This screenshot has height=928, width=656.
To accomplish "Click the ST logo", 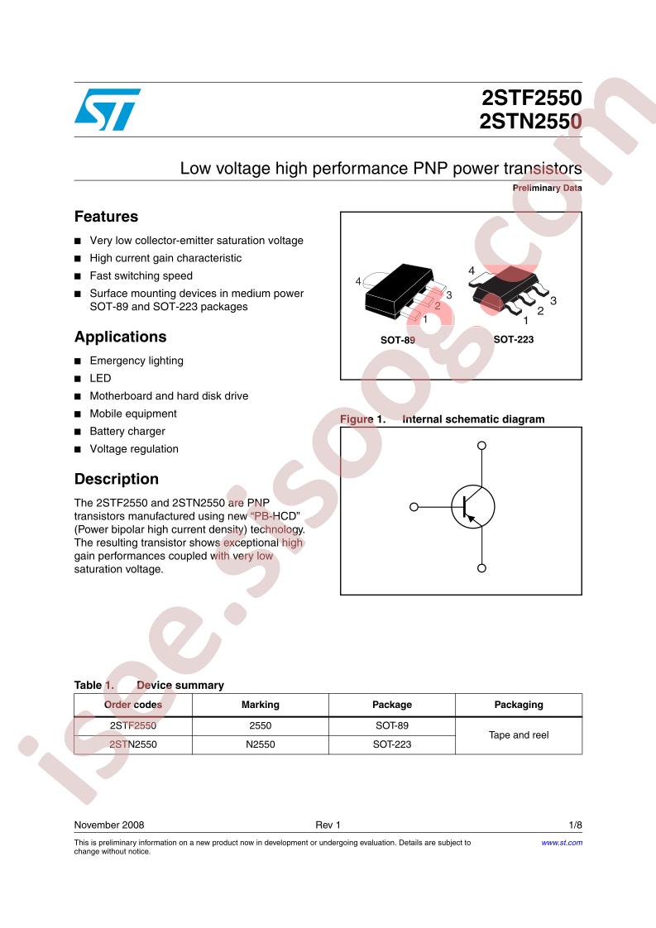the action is [x=108, y=109].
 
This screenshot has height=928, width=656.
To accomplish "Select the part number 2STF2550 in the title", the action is [x=532, y=98].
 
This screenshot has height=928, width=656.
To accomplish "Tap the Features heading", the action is [x=107, y=217].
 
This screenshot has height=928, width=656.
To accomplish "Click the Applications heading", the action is [x=121, y=337].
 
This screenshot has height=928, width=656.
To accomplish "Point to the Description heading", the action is [x=117, y=479].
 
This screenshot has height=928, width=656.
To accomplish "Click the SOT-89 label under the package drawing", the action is [x=397, y=340].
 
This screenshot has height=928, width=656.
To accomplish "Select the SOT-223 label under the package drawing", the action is [x=514, y=339].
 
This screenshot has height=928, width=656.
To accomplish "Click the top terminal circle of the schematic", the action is [x=482, y=445].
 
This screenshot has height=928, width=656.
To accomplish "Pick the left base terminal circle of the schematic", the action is [x=414, y=507].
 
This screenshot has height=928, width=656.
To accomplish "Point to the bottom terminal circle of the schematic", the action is [x=482, y=568].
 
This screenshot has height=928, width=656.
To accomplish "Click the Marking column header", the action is [x=261, y=705].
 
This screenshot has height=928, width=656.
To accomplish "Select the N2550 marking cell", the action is [x=261, y=744].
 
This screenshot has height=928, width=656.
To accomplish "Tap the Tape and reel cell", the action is [x=519, y=735].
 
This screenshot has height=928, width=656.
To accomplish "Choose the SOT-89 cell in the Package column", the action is [x=392, y=725].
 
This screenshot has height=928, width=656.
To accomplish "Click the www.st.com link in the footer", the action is [x=562, y=843].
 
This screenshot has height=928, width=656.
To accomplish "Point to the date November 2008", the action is [x=109, y=825].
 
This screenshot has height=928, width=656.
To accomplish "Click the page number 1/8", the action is [x=576, y=825].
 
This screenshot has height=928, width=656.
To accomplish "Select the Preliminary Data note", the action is [x=547, y=189].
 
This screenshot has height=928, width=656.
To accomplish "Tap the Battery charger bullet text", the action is [x=127, y=432].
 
